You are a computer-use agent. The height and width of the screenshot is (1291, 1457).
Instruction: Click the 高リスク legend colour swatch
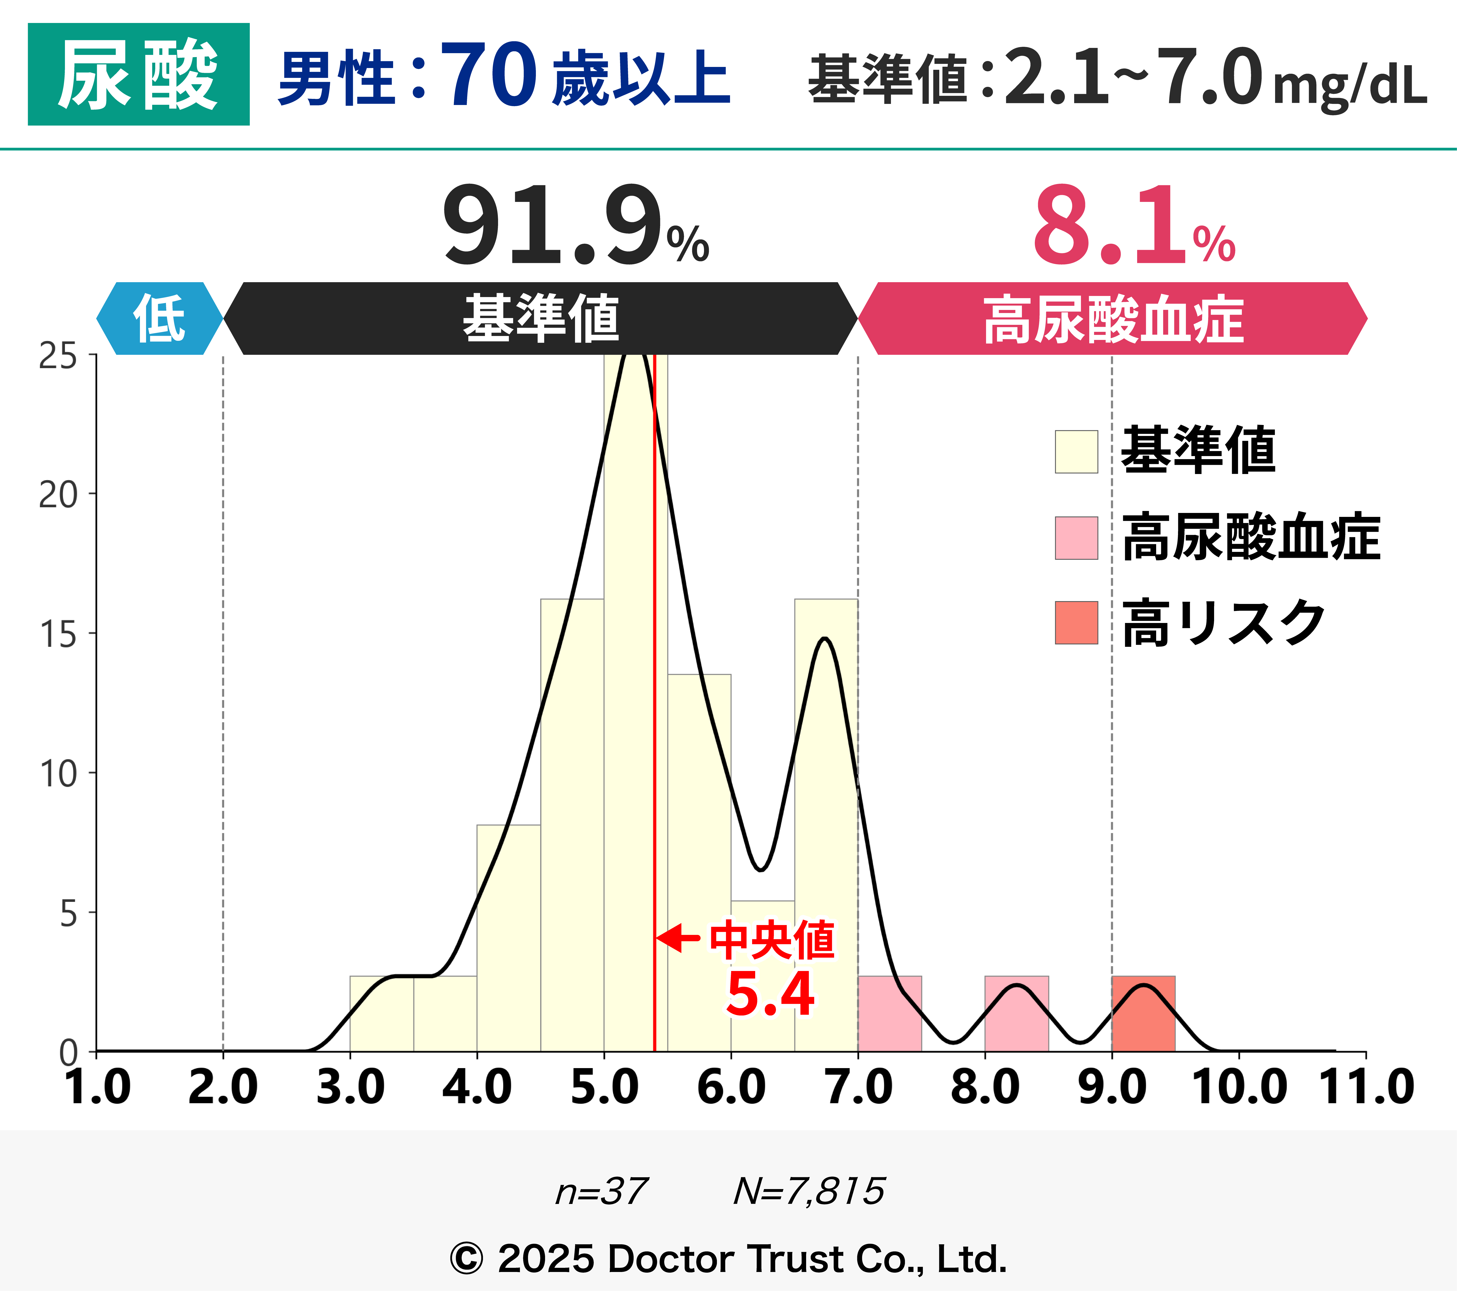click(1076, 623)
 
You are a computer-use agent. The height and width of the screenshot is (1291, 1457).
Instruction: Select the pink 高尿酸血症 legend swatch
click(1076, 538)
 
